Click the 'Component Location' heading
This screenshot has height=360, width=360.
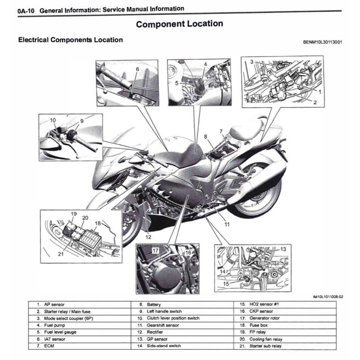point(179,24)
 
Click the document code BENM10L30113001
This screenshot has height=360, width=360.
point(322,42)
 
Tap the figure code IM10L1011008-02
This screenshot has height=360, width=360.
point(328,297)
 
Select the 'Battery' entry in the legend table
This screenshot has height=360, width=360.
point(153,305)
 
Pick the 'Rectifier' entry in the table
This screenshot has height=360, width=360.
point(155,332)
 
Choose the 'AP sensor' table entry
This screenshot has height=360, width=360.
point(54,305)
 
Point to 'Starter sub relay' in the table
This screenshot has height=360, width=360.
point(265,346)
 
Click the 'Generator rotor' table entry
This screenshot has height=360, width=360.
point(264,319)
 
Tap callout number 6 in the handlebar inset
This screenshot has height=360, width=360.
point(137,69)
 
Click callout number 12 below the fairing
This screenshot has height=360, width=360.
point(148,237)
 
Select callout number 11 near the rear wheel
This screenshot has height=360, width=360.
point(227,224)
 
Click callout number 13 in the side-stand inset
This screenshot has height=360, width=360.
point(283,249)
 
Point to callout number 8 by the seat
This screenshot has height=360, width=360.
point(206,137)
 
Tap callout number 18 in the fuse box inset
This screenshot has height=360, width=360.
point(98,223)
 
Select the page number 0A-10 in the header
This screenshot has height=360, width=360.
point(26,11)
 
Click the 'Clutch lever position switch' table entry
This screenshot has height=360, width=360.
point(173,319)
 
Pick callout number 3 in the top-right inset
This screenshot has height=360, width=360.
point(252,62)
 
